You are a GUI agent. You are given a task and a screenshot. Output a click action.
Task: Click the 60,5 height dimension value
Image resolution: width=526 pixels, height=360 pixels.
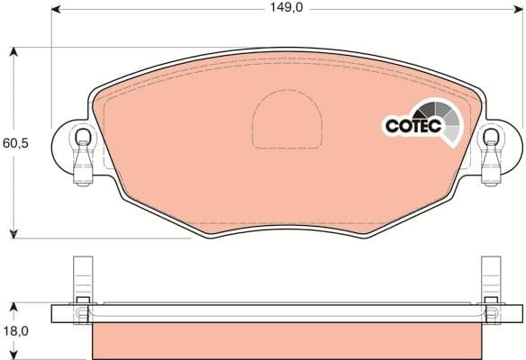[x=15, y=143]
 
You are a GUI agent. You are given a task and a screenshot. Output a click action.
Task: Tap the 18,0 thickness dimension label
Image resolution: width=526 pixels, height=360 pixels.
[x=15, y=330]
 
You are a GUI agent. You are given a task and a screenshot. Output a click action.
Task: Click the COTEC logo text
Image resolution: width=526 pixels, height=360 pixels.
[x=412, y=127]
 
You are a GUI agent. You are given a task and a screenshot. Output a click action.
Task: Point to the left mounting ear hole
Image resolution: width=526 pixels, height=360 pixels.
[x=82, y=137]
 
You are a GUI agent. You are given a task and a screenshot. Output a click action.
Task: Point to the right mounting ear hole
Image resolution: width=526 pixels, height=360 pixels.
[x=491, y=137]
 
